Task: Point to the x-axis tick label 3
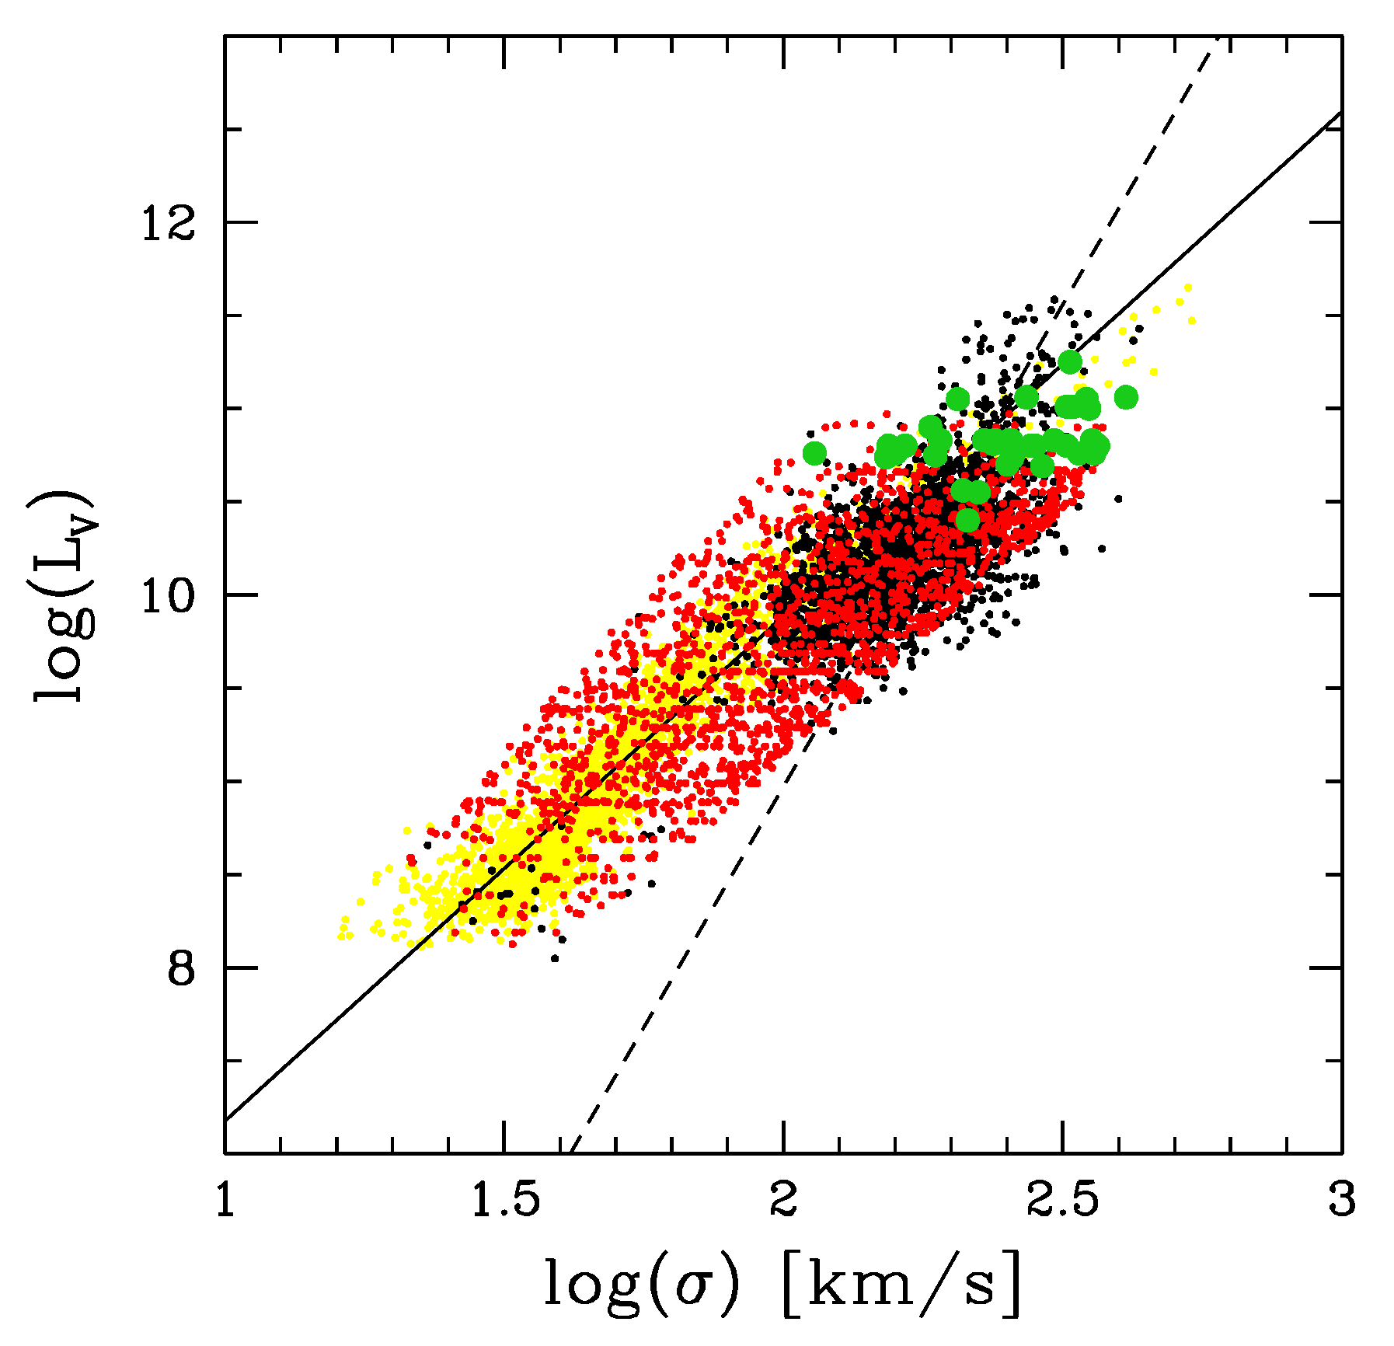pyautogui.click(x=1341, y=1201)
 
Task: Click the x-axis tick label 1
pyautogui.click(x=225, y=1201)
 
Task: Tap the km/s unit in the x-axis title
pyautogui.click(x=901, y=1282)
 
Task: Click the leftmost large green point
pyautogui.click(x=814, y=453)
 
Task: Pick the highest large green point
pyautogui.click(x=1070, y=361)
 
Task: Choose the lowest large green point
pyautogui.click(x=967, y=519)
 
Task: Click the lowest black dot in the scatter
pyautogui.click(x=554, y=958)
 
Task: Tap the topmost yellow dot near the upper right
pyautogui.click(x=1187, y=288)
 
